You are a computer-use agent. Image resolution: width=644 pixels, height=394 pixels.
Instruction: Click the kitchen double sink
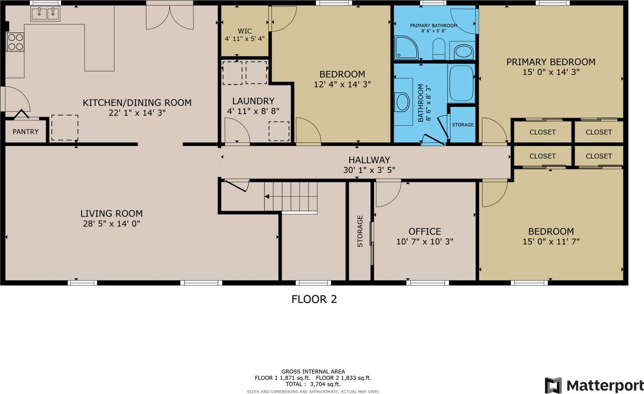(45, 14)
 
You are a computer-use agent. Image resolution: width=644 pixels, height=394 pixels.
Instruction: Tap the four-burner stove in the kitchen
(15, 42)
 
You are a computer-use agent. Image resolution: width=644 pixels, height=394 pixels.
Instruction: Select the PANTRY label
(25, 132)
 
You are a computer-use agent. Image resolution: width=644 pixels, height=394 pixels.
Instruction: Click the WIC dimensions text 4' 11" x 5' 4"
(245, 39)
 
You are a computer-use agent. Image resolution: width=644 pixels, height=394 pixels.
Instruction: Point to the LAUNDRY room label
(253, 101)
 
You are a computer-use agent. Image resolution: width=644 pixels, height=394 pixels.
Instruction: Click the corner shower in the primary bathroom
(406, 48)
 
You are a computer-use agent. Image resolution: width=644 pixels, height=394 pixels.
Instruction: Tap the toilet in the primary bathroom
(438, 49)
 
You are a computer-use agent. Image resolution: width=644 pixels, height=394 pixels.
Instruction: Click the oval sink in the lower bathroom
(403, 102)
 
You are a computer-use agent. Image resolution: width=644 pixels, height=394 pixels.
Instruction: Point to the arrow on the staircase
(267, 197)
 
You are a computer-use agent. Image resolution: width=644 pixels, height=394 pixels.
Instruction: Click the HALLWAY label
(369, 160)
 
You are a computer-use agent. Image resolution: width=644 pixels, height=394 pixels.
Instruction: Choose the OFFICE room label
(425, 231)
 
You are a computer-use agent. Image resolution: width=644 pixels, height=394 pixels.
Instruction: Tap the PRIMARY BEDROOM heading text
(551, 62)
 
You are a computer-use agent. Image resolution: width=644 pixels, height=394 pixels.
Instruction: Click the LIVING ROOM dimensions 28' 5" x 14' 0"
(111, 224)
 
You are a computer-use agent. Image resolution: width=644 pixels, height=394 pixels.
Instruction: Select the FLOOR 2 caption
(314, 299)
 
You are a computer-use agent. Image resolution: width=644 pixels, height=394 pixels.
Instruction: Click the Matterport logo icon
(553, 385)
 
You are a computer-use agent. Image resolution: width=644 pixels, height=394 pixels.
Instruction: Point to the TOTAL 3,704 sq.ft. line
(314, 384)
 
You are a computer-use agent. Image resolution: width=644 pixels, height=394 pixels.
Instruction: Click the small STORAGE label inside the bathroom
(462, 125)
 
